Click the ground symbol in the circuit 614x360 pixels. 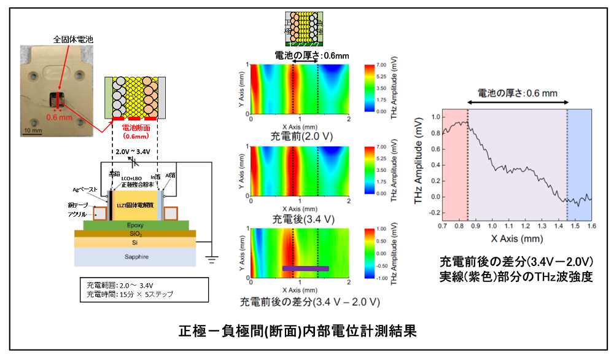212,259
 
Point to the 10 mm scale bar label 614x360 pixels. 33,130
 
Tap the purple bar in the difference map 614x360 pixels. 305,268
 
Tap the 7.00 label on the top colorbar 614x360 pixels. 381,65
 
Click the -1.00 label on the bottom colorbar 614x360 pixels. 382,277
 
